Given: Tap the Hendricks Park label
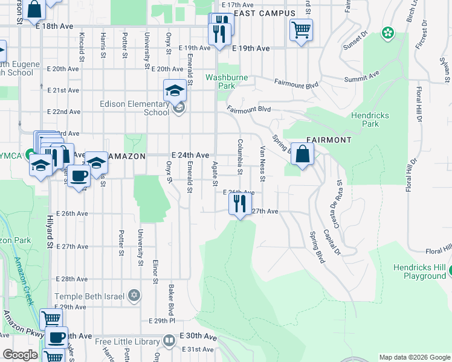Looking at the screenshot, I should (370, 119).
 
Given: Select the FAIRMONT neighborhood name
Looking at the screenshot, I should (329, 140).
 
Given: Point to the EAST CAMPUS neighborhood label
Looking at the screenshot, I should (264, 13).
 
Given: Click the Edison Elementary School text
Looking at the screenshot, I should (134, 108).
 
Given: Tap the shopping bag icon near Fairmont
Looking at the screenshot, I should (302, 154).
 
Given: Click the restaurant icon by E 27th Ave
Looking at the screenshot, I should (240, 204).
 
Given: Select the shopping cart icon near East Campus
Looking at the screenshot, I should (301, 30).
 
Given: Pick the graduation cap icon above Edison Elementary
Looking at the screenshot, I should (174, 91).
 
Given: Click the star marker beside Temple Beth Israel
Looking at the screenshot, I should (134, 296).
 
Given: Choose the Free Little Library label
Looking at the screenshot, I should (128, 341).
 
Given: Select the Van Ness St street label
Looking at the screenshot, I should (262, 164).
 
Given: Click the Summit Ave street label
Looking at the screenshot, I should (361, 76).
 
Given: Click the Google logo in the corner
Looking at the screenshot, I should (20, 355).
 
